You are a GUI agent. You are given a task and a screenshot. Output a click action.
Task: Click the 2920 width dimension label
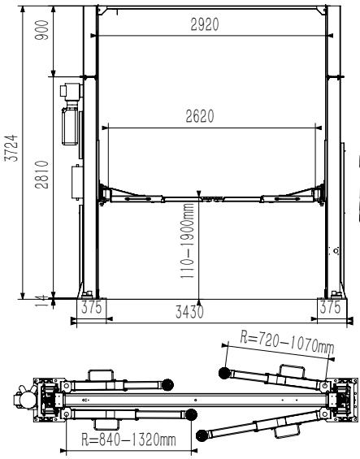tap(205, 24)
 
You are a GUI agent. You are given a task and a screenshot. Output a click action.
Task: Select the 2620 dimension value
tap(200, 116)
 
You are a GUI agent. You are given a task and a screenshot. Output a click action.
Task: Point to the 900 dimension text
tap(41, 29)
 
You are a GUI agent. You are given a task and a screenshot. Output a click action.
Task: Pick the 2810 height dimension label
tap(41, 175)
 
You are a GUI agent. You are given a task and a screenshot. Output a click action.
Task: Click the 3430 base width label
tap(189, 312)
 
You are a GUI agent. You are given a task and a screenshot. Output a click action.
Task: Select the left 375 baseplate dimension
tap(91, 307)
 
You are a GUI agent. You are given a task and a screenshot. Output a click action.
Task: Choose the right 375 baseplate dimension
tap(331, 307)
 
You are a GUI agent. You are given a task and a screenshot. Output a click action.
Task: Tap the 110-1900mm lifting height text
tap(187, 240)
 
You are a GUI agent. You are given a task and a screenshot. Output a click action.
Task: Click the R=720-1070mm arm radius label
tap(287, 342)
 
